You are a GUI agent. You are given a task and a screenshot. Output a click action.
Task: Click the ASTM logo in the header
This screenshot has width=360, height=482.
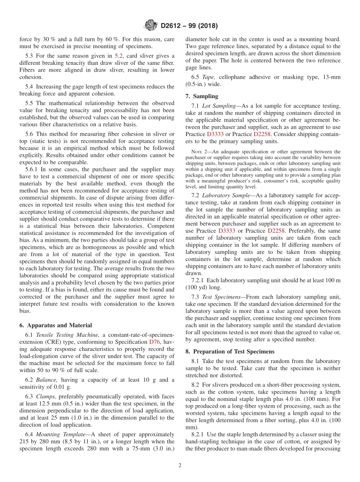point(151,26)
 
